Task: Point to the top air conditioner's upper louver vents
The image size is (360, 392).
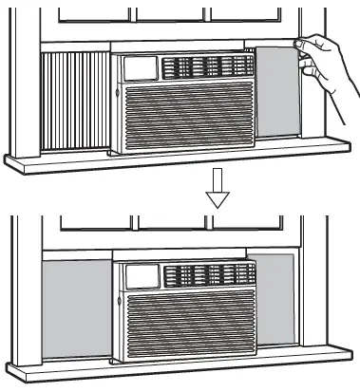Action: click(x=204, y=68)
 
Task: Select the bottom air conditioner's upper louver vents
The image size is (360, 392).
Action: click(x=204, y=276)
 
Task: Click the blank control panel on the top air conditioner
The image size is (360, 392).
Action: click(x=138, y=69)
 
